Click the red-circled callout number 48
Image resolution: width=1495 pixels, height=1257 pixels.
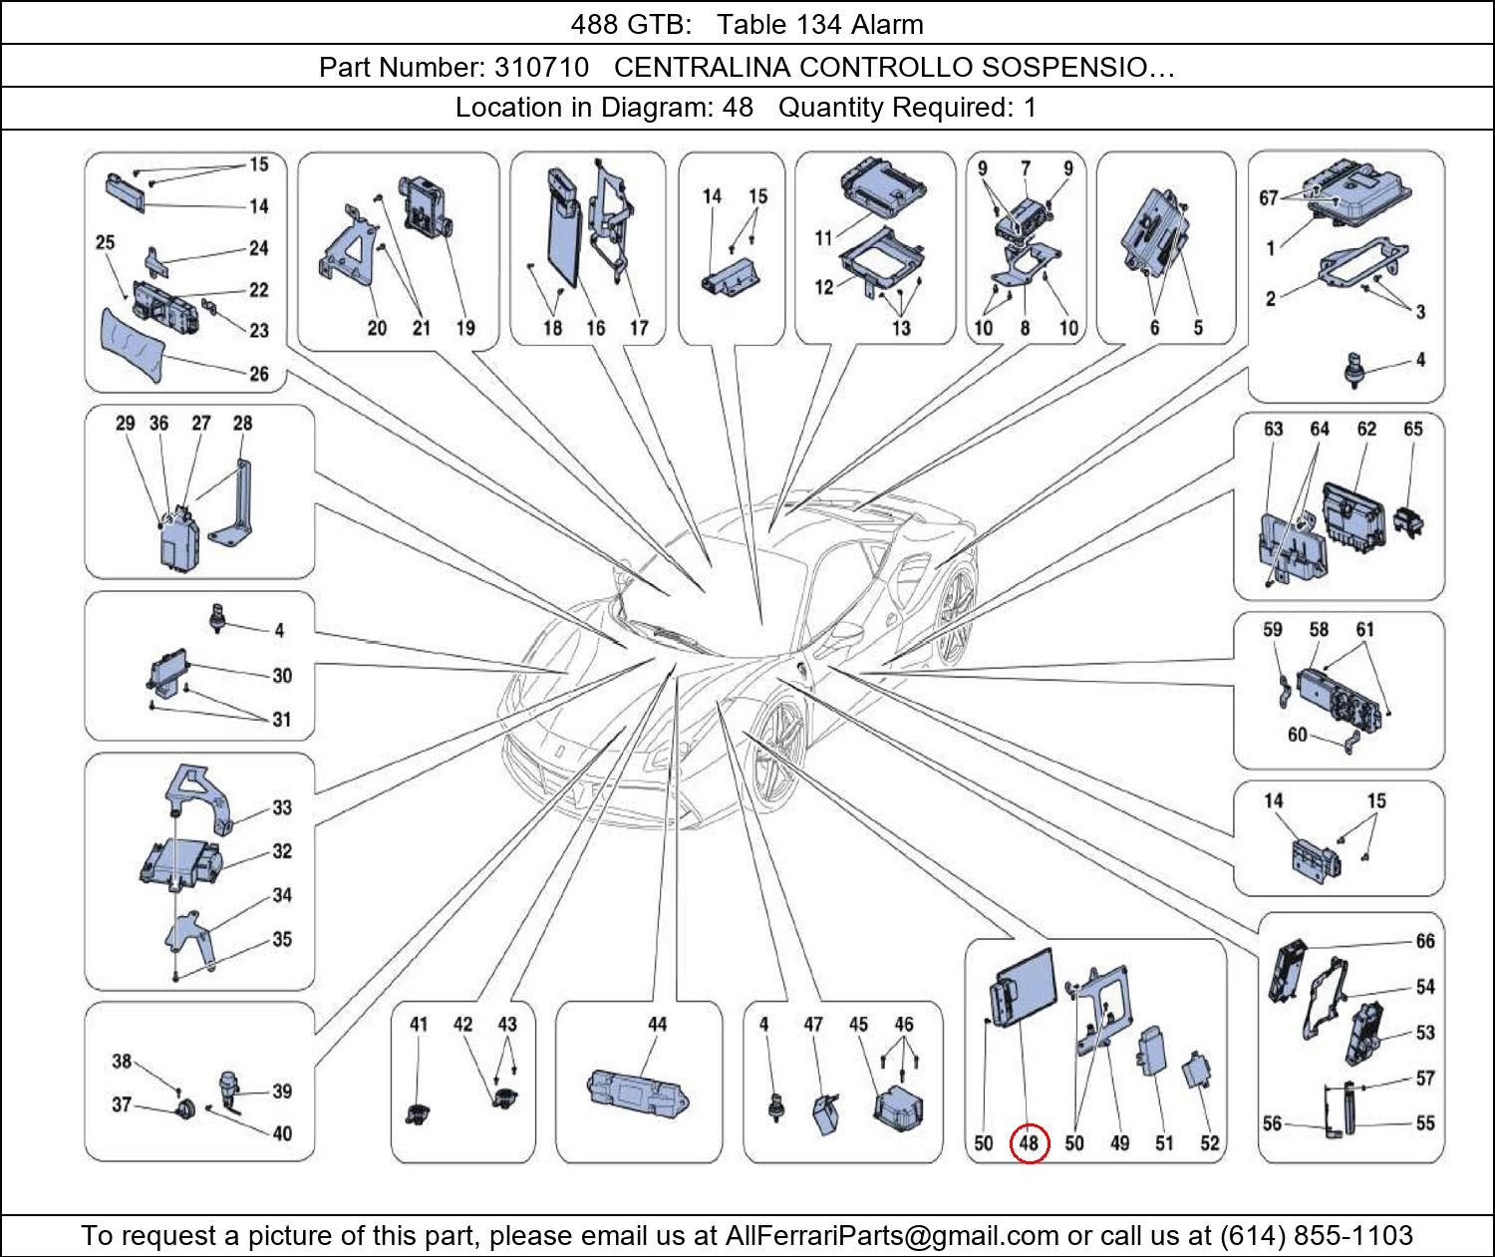[1029, 1142]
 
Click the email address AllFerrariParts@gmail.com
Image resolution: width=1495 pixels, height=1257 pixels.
[892, 1236]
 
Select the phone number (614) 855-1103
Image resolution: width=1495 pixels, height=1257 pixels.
[1316, 1236]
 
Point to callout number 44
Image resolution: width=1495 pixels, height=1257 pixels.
[657, 1024]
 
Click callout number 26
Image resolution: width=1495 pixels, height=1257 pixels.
[259, 374]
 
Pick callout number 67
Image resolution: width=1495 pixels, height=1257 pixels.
[1268, 197]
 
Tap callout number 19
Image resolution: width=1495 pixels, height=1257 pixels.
[465, 327]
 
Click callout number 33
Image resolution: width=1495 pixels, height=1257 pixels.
[282, 806]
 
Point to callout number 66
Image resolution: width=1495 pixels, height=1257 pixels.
[1425, 941]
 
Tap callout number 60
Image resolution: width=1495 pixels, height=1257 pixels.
[1297, 735]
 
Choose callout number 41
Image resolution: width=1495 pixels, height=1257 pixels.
[418, 1024]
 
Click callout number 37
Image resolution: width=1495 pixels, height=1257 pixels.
[122, 1104]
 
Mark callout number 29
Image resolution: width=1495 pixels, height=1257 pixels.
[125, 423]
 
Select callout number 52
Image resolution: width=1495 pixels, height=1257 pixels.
[1209, 1143]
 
